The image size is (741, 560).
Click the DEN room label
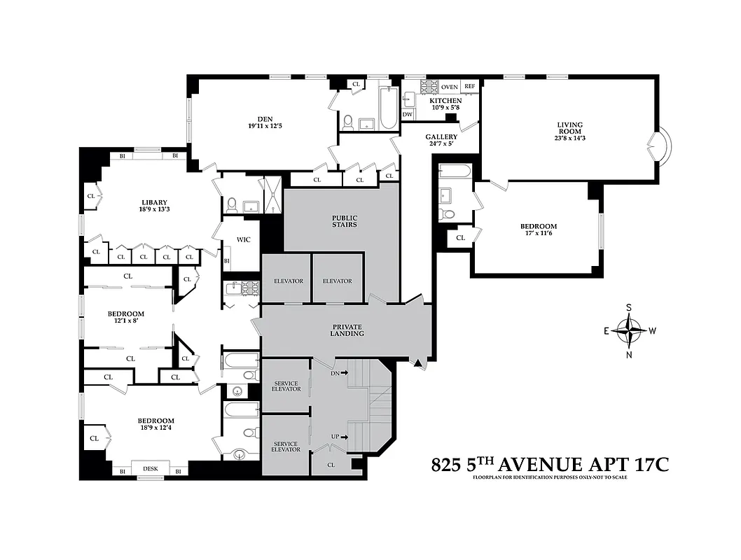[259, 117]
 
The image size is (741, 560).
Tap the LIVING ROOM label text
[569, 125]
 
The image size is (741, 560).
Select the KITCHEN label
[445, 101]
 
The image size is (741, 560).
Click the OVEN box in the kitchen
[450, 87]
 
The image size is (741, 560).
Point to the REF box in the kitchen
[469, 87]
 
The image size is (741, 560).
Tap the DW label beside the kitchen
[408, 114]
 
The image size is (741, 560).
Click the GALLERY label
[441, 137]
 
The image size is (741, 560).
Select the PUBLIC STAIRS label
[344, 221]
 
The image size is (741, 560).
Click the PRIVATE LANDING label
[348, 330]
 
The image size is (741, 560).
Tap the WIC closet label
[243, 239]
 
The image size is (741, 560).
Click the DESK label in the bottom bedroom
[151, 469]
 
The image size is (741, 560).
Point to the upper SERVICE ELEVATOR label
[286, 386]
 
